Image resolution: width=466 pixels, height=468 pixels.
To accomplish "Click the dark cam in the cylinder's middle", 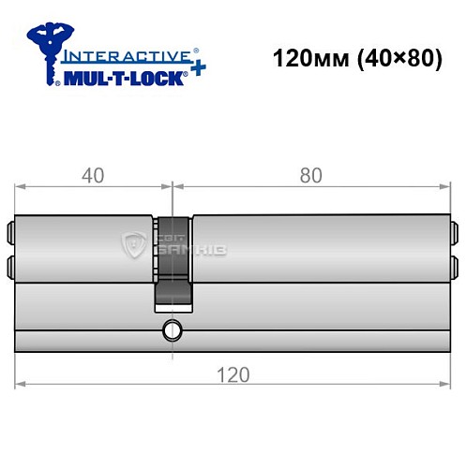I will [x=173, y=262].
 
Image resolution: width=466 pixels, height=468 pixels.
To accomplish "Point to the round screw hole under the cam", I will [x=171, y=329].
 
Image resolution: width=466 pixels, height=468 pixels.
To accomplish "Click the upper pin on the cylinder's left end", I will [x=11, y=229].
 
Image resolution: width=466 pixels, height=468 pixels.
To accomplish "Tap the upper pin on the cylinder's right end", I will [x=454, y=229].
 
